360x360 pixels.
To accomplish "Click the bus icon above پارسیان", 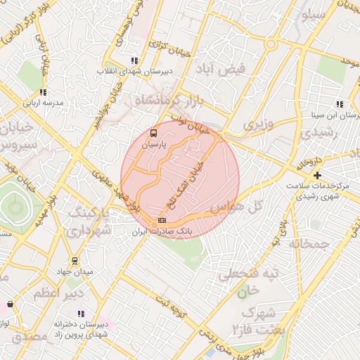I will [154, 132].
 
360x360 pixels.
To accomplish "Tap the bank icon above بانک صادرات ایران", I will [162, 220].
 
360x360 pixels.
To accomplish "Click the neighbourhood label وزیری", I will [257, 124].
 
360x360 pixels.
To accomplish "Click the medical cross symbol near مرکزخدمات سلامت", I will [318, 175].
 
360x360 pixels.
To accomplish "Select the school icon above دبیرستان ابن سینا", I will [340, 103].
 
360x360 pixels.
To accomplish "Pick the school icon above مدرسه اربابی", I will [43, 92].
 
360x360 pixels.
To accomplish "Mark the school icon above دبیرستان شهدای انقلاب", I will [134, 61].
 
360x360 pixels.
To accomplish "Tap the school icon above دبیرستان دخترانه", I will [81, 314].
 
